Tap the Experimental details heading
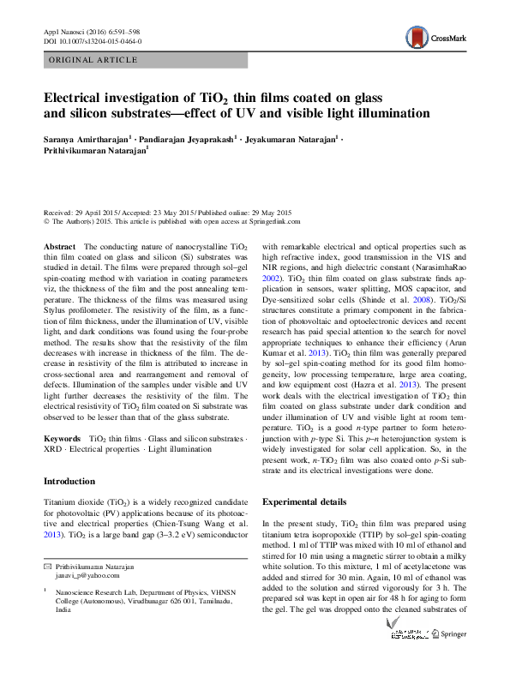[x=304, y=501]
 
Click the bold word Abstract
[x=60, y=246]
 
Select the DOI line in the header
[x=93, y=41]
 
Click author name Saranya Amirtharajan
[x=84, y=139]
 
